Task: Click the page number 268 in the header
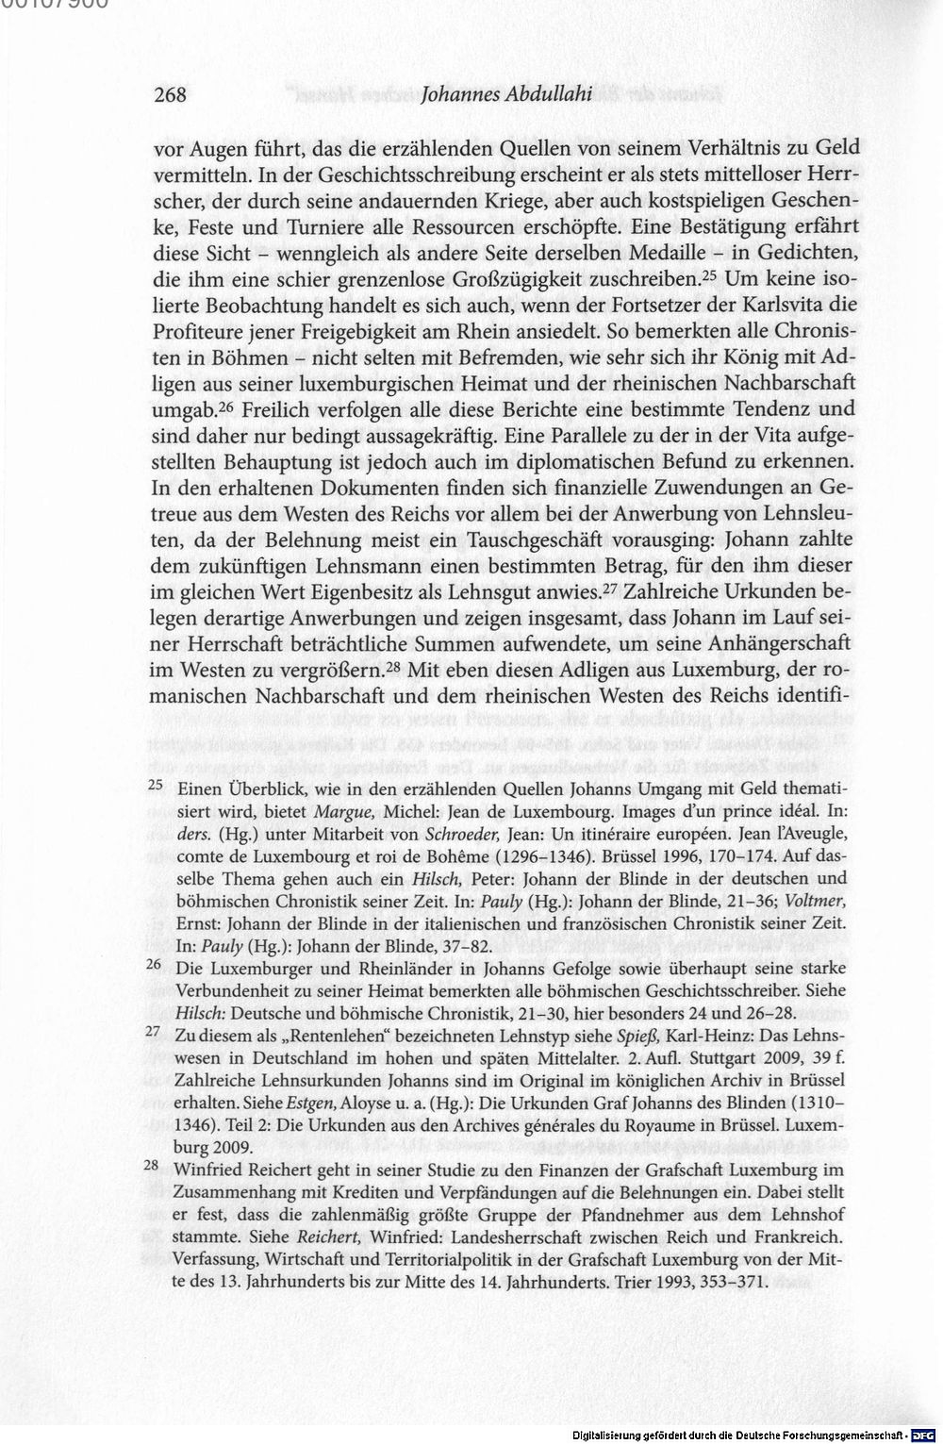(x=171, y=95)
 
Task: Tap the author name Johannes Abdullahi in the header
(x=505, y=95)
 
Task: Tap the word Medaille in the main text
(x=665, y=254)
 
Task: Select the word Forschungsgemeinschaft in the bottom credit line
(x=841, y=1436)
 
